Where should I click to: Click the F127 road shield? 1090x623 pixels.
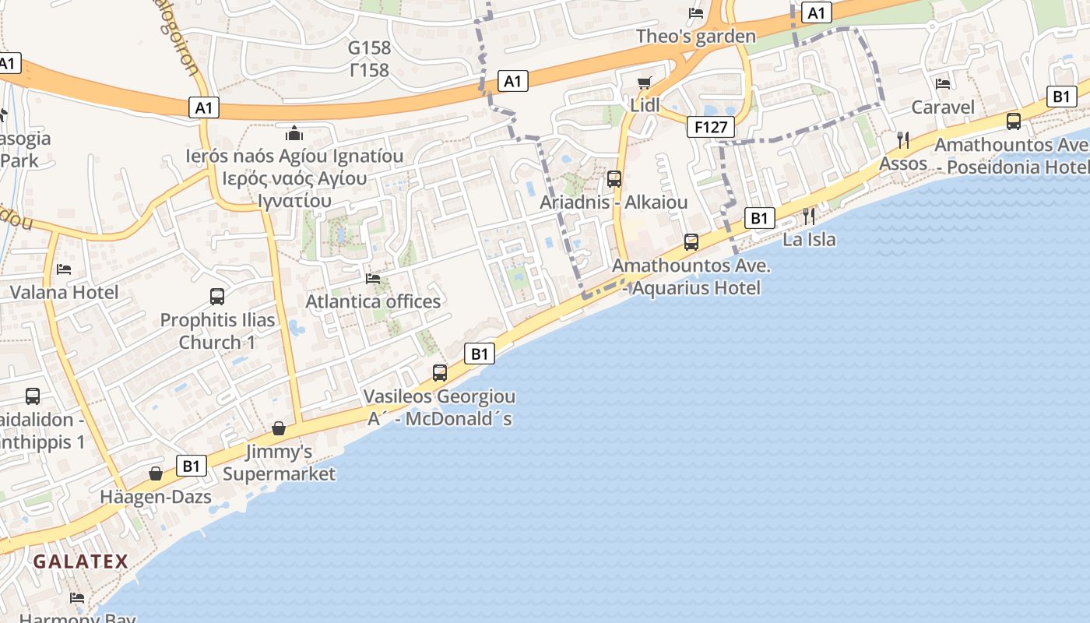711,127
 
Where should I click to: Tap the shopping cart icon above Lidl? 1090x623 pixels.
644,83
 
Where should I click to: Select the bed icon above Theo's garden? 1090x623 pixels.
696,12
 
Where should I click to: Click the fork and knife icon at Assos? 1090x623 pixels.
903,140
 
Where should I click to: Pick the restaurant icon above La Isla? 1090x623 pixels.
809,216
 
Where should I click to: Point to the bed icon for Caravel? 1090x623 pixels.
943,84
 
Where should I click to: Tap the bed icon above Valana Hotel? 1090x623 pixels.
64,269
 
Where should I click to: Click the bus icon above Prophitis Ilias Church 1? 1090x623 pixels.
217,297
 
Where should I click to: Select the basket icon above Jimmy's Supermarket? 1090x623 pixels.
279,428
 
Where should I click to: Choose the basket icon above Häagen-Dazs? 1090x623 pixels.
156,473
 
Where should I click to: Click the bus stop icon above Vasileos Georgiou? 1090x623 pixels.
440,373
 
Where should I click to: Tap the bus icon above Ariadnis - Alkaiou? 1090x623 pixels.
614,179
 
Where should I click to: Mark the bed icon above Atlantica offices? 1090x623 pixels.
373,278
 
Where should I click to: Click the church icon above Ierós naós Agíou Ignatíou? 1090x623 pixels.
294,133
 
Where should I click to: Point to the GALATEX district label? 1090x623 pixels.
81,561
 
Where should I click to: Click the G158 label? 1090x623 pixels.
369,48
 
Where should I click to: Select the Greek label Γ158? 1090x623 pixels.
369,70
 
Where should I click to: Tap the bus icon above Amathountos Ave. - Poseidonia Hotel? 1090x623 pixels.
1014,121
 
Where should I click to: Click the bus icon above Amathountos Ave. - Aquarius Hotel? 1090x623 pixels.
691,242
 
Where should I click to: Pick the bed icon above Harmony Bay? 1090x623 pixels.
77,598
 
